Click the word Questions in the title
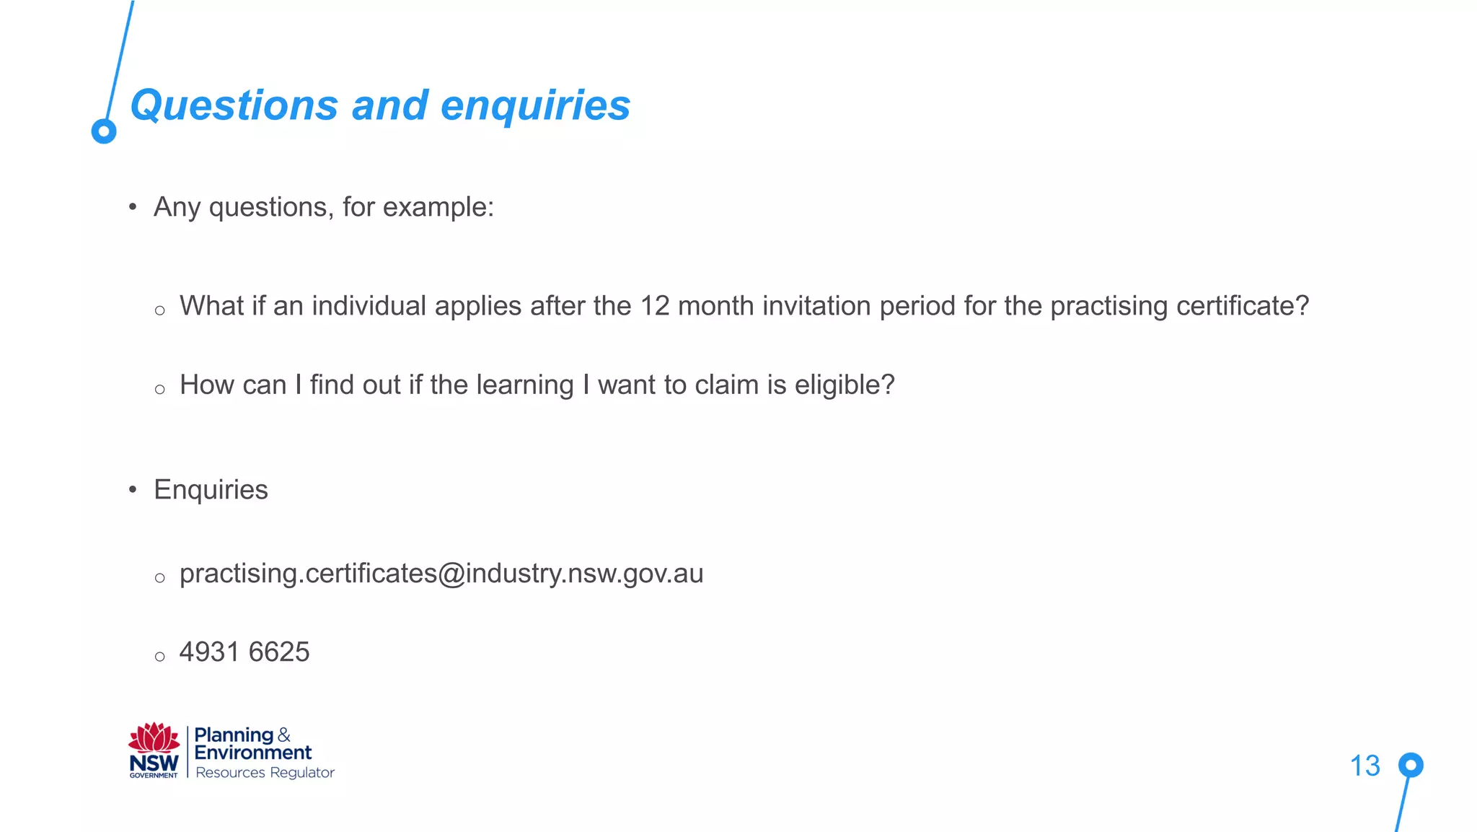[234, 106]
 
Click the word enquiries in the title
[535, 106]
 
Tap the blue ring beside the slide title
[104, 131]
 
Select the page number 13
[1364, 766]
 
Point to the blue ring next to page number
[1411, 765]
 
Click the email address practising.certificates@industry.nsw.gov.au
[441, 574]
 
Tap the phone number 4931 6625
[244, 652]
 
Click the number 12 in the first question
[655, 306]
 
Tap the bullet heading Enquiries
[211, 490]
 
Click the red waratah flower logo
[154, 737]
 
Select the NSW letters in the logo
[154, 763]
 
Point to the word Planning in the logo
[234, 735]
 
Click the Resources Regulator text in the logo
[265, 773]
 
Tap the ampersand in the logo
[284, 735]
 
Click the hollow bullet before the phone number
[160, 657]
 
